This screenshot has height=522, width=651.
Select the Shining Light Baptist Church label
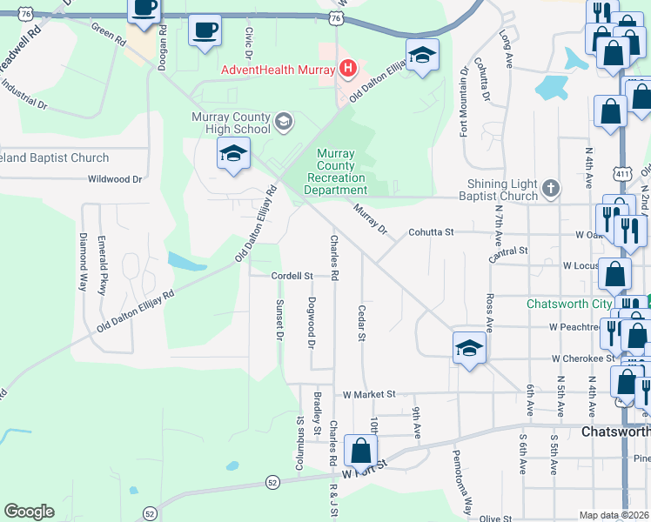point(502,191)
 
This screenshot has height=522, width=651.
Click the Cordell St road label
point(292,276)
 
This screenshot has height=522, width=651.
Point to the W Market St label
point(369,394)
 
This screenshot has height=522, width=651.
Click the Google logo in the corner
point(29,512)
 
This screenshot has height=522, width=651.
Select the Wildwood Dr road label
point(114,179)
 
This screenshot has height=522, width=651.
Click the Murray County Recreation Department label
point(336,171)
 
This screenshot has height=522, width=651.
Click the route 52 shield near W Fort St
point(272,481)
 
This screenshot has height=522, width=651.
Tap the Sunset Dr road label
point(279,318)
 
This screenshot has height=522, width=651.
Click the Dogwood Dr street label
point(311,322)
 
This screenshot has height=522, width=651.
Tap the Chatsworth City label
point(570,304)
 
